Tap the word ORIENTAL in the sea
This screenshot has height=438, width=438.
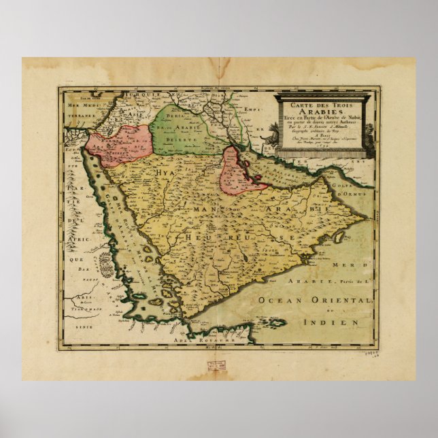(339, 300)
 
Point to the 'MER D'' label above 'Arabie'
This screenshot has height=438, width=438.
(358, 263)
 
